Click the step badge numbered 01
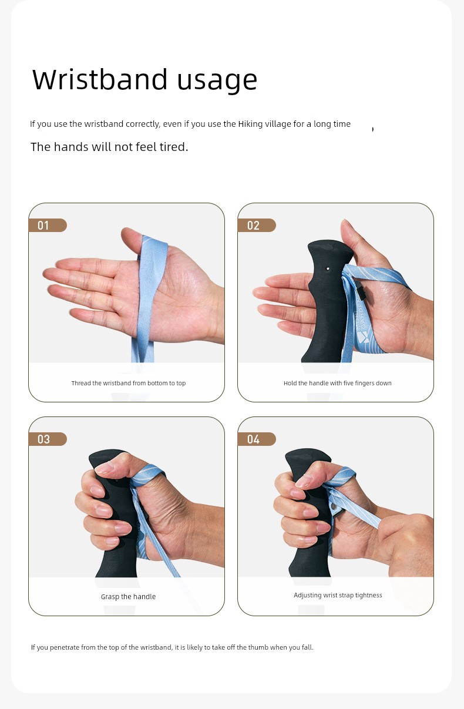(48, 226)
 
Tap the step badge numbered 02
(257, 226)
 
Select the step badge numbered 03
(48, 439)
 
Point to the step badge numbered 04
(257, 439)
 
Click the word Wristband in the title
(100, 79)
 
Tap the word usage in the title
(217, 81)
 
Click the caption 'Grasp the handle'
(128, 597)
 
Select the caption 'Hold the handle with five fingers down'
(337, 383)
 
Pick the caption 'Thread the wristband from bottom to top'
(129, 383)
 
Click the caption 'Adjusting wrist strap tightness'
(338, 595)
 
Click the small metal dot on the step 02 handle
(328, 268)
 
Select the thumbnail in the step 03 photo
(104, 467)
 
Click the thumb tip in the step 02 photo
(346, 224)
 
